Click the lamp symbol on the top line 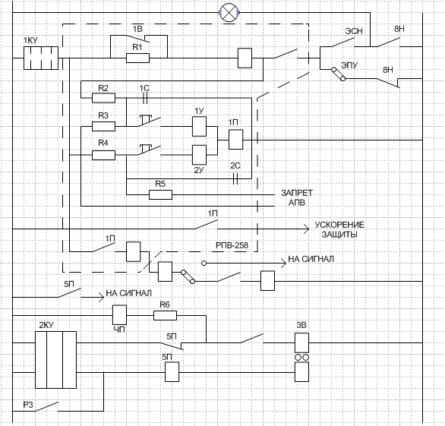tap(229, 13)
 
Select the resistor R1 tap(137, 58)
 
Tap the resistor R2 tap(103, 98)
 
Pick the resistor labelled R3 tap(103, 126)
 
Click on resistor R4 tap(103, 155)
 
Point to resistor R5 tap(160, 194)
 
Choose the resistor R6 tap(165, 315)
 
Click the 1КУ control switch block tap(41, 58)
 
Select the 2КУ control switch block tap(55, 360)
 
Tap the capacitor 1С tap(145, 98)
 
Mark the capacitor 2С tap(235, 178)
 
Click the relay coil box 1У tap(199, 126)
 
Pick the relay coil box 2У tap(199, 155)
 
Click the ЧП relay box tap(119, 314)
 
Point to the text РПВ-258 tap(232, 245)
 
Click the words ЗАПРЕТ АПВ tap(297, 198)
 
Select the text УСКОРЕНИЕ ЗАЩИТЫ tap(339, 229)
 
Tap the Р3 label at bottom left tap(28, 405)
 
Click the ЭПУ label tap(349, 65)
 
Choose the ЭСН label tap(354, 31)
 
